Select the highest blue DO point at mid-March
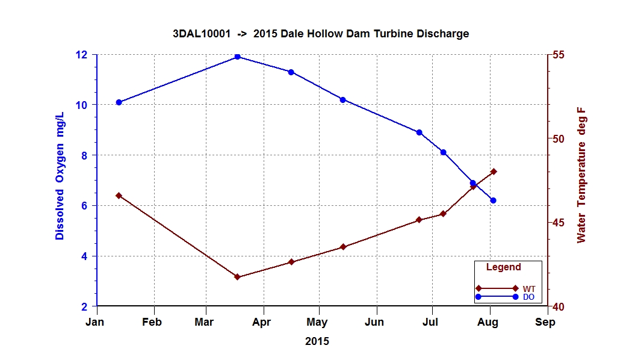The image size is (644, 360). tap(237, 57)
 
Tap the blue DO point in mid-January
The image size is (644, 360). tap(119, 102)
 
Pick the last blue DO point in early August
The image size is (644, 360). tap(493, 200)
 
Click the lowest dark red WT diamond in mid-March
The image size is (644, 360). tap(237, 277)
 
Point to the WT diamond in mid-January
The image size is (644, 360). tap(119, 196)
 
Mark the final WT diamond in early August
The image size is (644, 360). tap(494, 172)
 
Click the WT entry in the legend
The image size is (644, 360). tap(529, 289)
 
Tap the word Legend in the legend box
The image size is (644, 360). tap(503, 267)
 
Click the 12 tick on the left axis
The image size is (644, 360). tap(81, 55)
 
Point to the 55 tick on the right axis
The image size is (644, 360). tap(559, 55)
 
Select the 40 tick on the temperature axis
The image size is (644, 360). tap(559, 307)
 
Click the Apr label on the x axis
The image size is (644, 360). tap(262, 323)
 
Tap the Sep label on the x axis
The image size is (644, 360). tap(545, 323)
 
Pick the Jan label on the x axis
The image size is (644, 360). tap(95, 323)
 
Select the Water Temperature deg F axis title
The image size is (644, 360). tap(581, 176)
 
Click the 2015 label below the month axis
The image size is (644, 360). tap(317, 341)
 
